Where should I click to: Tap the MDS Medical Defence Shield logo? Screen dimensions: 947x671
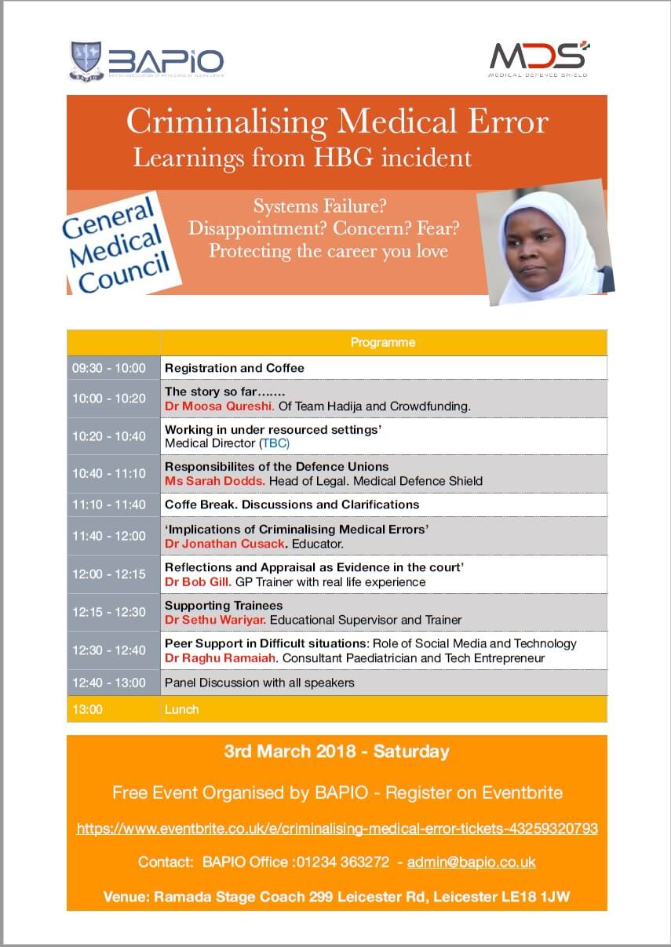(539, 59)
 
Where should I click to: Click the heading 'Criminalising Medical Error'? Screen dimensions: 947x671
(337, 122)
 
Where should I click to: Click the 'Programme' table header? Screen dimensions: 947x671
(383, 342)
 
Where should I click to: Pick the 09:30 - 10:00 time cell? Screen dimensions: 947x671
(109, 367)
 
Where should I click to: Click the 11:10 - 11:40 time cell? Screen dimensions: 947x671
(109, 504)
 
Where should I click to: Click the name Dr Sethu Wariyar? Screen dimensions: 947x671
(214, 620)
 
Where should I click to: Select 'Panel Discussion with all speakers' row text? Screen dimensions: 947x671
(259, 683)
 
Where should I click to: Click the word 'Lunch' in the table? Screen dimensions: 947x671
(181, 709)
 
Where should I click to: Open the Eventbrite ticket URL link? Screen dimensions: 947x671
(337, 828)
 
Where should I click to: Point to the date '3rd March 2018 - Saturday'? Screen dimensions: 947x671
(337, 752)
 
